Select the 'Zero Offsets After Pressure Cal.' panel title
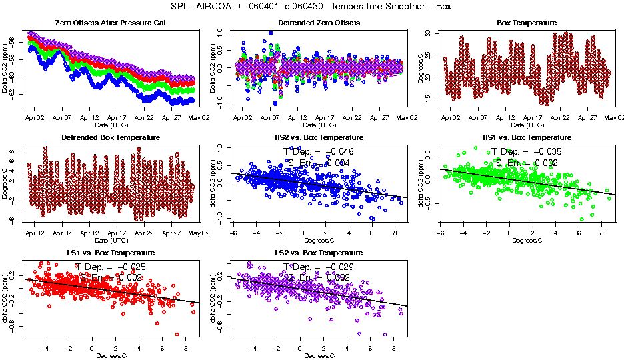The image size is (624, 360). (111, 23)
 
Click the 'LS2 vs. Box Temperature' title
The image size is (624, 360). (318, 253)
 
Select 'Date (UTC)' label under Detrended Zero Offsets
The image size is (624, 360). (318, 125)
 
